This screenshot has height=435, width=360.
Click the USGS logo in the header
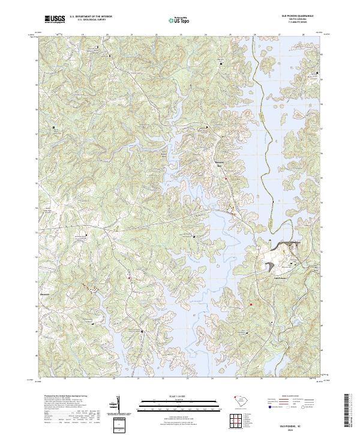pos(54,20)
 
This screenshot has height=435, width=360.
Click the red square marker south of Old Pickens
pos(251,304)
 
